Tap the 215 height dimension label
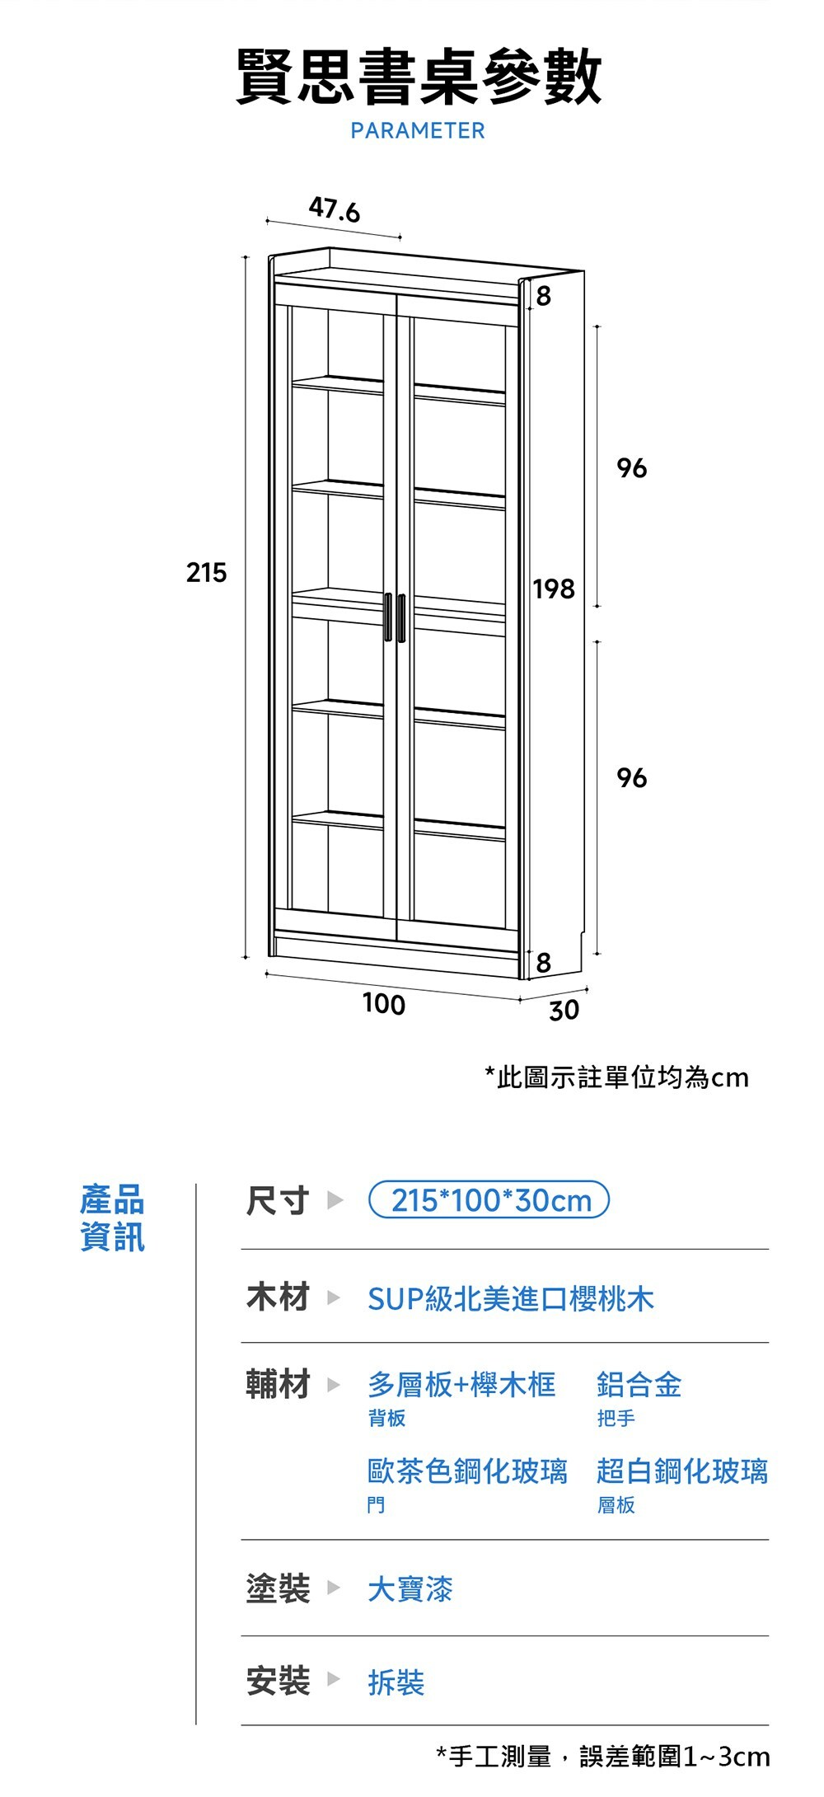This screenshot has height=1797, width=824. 206,572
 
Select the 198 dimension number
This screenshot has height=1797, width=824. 554,589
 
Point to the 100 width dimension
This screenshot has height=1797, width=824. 384,1004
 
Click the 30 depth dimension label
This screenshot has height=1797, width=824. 564,1011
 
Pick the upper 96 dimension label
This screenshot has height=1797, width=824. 632,468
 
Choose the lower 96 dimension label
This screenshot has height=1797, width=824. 632,777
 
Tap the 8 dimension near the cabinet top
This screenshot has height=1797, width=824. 544,296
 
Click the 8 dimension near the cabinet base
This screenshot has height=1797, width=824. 544,963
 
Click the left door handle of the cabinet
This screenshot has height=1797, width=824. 387,617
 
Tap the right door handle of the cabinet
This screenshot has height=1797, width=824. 401,617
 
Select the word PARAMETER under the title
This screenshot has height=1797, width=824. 418,130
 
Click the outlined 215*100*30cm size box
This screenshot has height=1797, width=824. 490,1200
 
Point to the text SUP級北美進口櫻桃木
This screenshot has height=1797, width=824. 510,1299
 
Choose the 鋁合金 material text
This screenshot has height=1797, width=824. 639,1385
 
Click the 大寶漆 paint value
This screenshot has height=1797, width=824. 410,1588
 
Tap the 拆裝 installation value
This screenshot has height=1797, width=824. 396,1682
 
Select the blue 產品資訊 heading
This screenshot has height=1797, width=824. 113,1218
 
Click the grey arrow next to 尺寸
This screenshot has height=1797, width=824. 335,1200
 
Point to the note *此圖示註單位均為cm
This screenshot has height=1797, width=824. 617,1077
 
